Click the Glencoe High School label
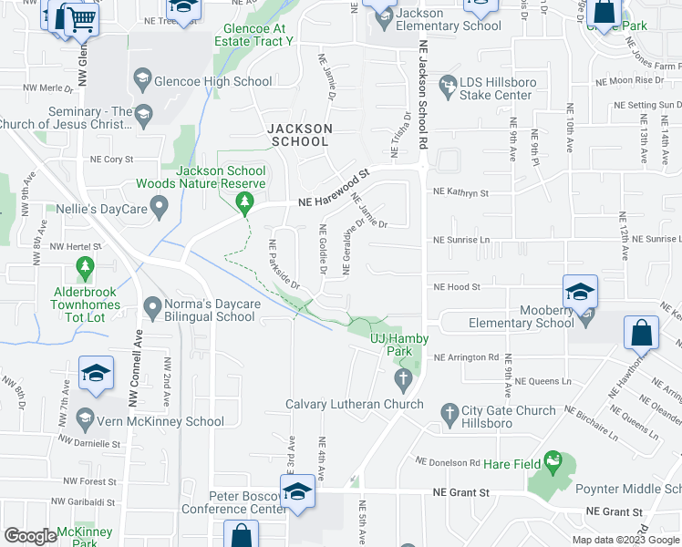pyautogui.click(x=214, y=81)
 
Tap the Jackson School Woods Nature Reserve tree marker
pyautogui.click(x=243, y=201)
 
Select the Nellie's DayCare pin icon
pyautogui.click(x=159, y=210)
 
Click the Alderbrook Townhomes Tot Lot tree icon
pyautogui.click(x=86, y=268)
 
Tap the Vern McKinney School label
pyautogui.click(x=161, y=421)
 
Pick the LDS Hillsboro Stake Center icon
pyautogui.click(x=448, y=88)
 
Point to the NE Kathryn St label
pyautogui.click(x=461, y=193)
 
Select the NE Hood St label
pyautogui.click(x=457, y=287)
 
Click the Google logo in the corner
pyautogui.click(x=30, y=536)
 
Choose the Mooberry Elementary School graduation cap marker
pyautogui.click(x=580, y=292)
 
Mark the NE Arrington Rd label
pyautogui.click(x=467, y=357)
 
